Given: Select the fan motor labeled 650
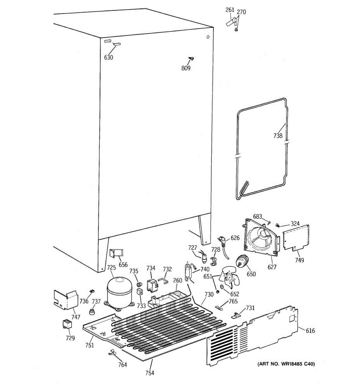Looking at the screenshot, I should (x=243, y=261).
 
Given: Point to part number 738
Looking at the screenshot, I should (x=278, y=136).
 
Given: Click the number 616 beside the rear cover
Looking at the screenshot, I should (x=310, y=331).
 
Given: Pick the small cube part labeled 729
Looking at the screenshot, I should (x=67, y=324).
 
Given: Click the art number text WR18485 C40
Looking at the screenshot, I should (x=286, y=364).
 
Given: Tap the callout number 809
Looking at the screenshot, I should (x=186, y=68).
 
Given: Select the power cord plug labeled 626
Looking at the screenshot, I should (x=223, y=239).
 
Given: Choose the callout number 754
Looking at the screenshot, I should (x=149, y=373).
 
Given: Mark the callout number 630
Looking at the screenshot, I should (x=108, y=58).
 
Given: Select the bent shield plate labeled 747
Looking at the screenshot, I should (x=66, y=299).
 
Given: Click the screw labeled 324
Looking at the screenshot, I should (x=278, y=225).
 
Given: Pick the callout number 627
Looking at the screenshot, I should (x=272, y=267).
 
